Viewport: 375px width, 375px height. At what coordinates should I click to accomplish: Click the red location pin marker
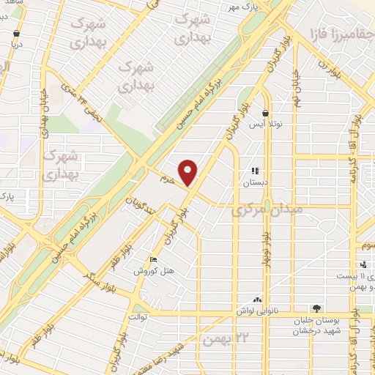coord(189,172)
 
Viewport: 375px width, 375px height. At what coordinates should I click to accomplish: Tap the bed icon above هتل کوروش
coord(153,259)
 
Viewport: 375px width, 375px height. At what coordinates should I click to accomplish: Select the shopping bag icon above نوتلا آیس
coord(265,114)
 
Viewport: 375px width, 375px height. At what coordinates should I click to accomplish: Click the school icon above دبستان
coord(255,171)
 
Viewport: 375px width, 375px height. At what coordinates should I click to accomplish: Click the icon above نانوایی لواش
coord(257,300)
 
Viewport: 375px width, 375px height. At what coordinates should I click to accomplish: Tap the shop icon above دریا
coord(17,33)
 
